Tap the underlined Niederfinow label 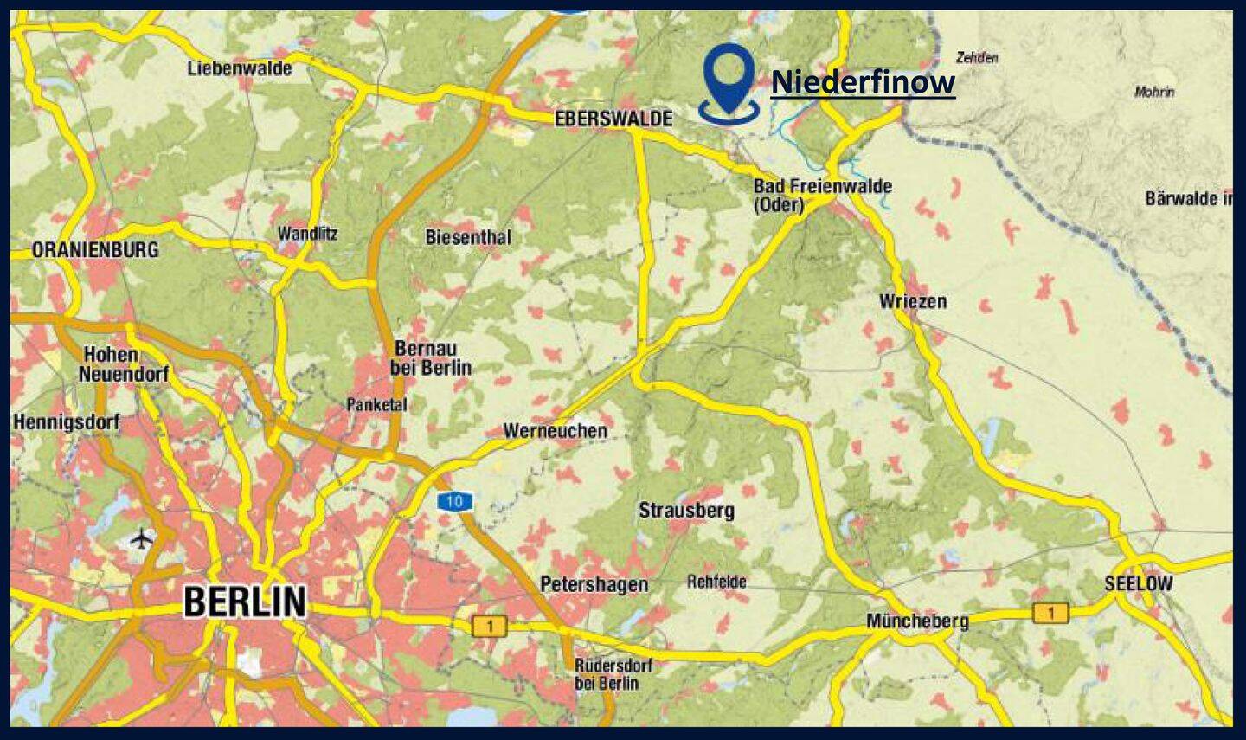point(863,82)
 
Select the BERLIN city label point(245,602)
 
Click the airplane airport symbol point(142,539)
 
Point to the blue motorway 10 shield point(454,501)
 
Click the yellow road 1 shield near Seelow point(1050,613)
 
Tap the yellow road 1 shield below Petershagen point(490,626)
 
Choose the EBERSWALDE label point(613,119)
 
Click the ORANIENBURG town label point(95,250)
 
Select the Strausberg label point(686,511)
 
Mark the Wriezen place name point(913,301)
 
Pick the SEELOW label point(1138,584)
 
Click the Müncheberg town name point(917,621)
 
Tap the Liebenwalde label point(240,68)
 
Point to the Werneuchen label point(555,430)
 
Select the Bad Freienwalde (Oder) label point(822,195)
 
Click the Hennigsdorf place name point(67,422)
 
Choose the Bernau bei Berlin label point(431,358)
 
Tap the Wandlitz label point(307,234)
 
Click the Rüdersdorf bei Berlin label point(613,674)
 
